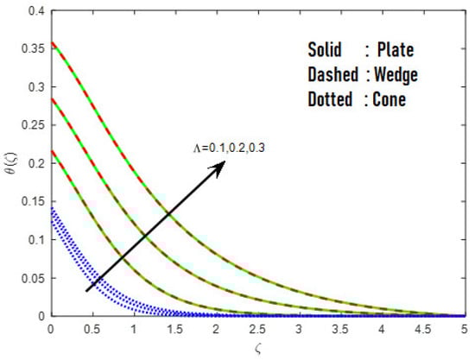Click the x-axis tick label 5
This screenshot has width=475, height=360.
point(463,330)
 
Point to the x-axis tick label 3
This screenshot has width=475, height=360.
point(298,330)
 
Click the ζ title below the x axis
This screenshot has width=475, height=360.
point(256,350)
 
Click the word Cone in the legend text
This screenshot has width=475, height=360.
point(389,99)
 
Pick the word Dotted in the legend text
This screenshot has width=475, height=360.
point(330,99)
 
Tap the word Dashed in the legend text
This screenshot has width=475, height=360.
point(332,74)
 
